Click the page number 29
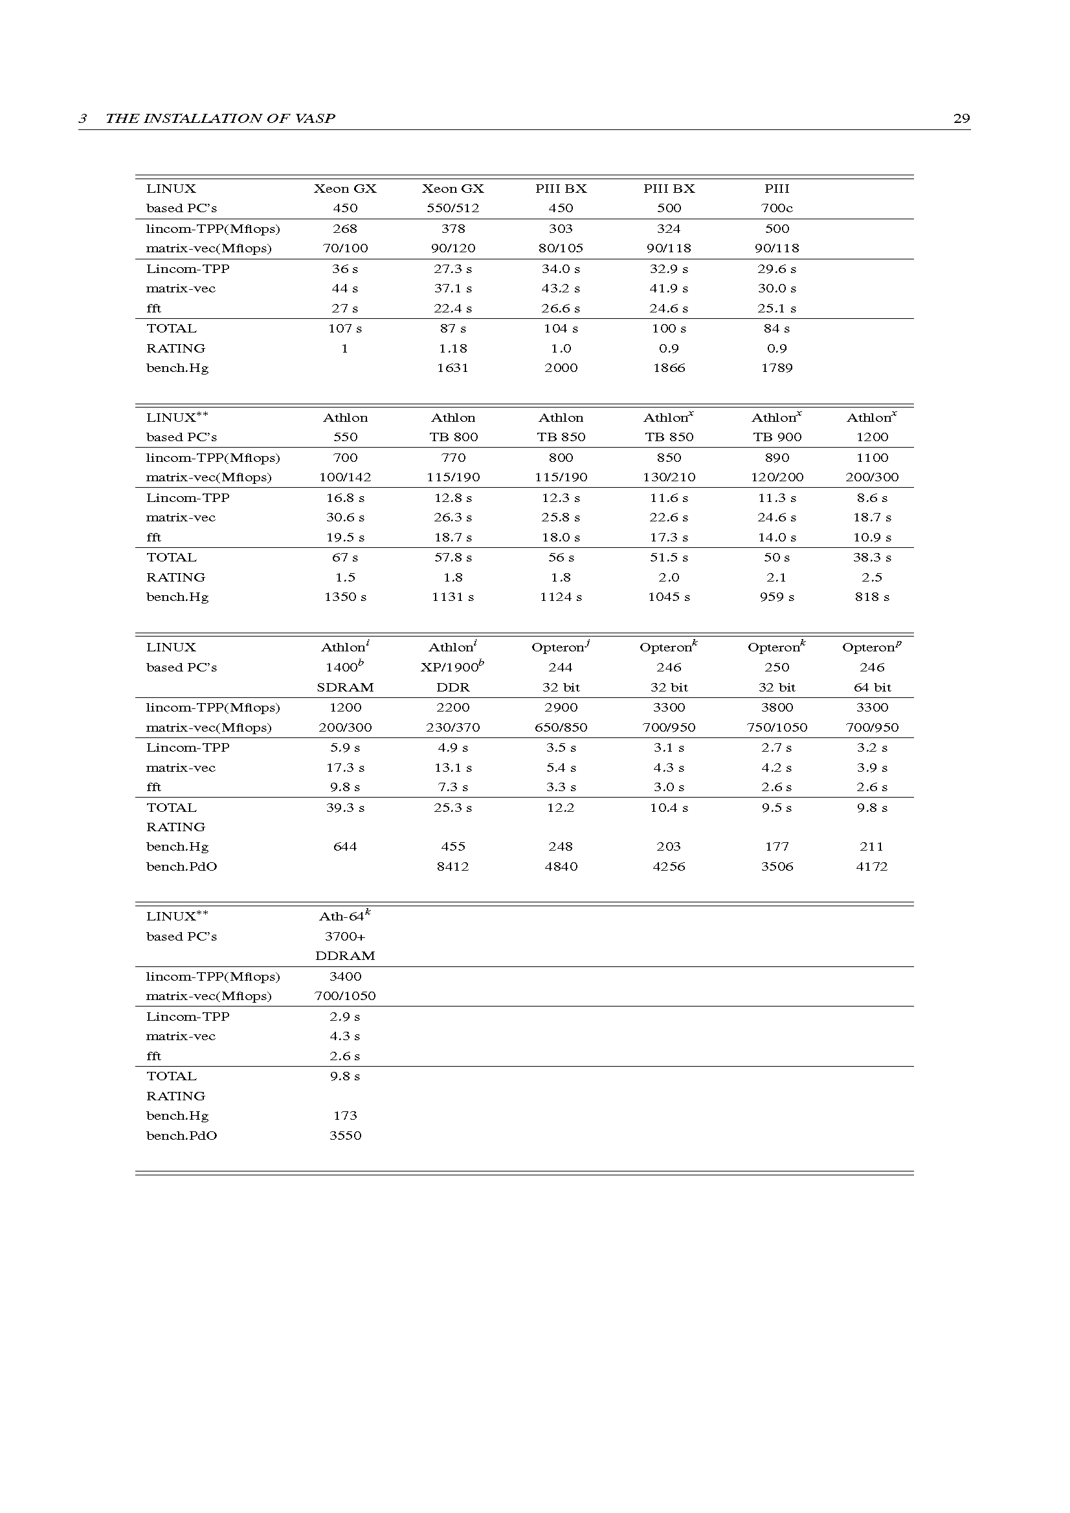point(961,118)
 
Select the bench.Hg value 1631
point(452,367)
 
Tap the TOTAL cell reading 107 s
point(345,328)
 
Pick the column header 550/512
point(452,208)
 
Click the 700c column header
point(777,208)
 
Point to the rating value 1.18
point(452,348)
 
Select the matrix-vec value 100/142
point(345,477)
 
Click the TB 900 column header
point(777,437)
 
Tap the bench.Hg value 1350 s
point(345,597)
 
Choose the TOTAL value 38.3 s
point(871,558)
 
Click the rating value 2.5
point(871,577)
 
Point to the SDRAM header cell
point(345,688)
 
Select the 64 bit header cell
point(871,688)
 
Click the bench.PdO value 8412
point(452,867)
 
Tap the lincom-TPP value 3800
point(777,708)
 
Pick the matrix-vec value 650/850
point(561,728)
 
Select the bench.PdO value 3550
point(345,1135)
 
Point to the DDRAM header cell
point(345,955)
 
